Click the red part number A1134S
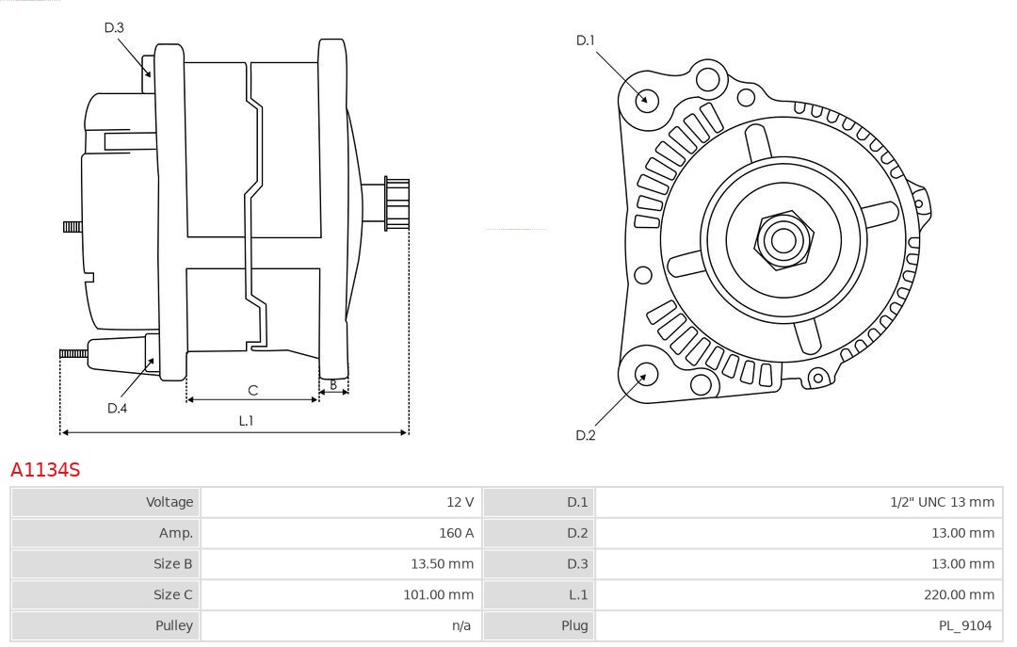[x=45, y=469]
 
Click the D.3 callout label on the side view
[x=114, y=27]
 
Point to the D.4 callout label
[x=117, y=408]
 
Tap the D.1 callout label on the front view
[x=586, y=40]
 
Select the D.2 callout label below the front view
[x=586, y=435]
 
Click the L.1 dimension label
[x=246, y=421]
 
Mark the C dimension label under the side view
[x=252, y=390]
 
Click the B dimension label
[x=333, y=384]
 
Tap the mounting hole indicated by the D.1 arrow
[x=646, y=99]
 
